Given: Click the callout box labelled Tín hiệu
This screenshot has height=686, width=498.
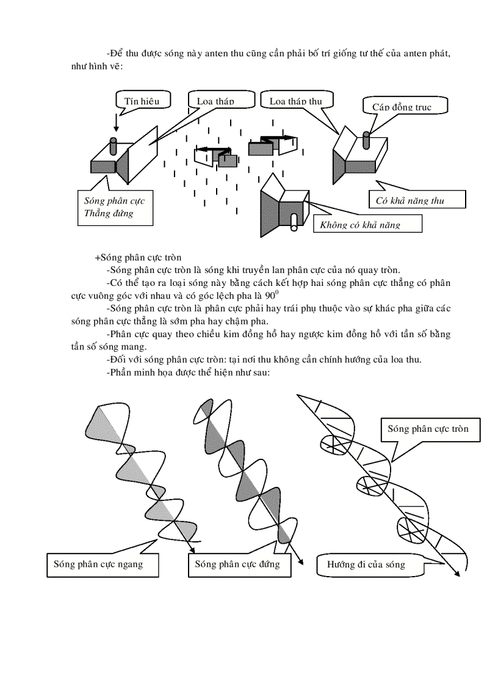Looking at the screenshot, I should click(142, 101).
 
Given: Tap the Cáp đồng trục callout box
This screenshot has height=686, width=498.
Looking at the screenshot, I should click(405, 106).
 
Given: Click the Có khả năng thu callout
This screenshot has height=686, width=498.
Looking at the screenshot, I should click(417, 200).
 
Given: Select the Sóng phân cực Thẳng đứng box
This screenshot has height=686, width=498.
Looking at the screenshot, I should click(115, 207).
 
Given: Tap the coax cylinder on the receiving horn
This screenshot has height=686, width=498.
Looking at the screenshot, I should click(366, 139).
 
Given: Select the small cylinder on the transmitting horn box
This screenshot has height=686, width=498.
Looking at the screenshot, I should click(112, 146).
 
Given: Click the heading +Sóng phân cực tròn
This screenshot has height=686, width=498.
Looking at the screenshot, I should click(138, 258).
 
